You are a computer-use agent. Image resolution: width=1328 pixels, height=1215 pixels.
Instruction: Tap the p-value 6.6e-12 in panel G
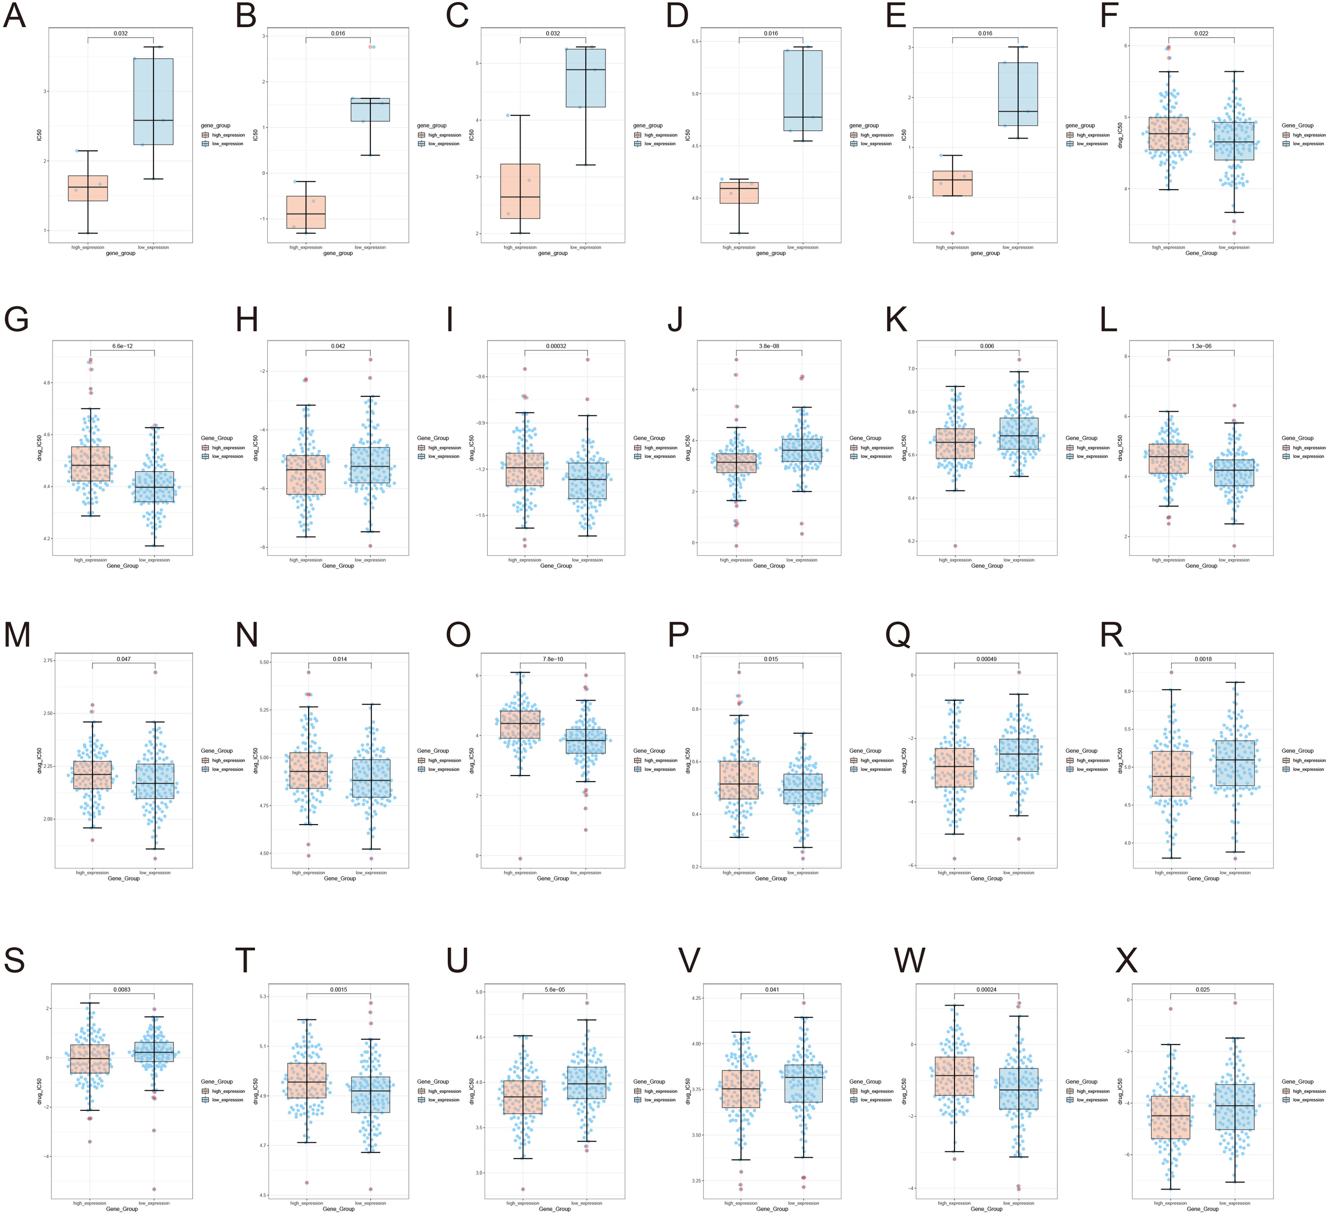pyautogui.click(x=123, y=346)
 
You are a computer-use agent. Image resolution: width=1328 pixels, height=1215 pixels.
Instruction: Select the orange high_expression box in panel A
pyautogui.click(x=88, y=188)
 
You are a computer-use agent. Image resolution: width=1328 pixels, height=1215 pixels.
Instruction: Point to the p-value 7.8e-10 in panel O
pyautogui.click(x=552, y=659)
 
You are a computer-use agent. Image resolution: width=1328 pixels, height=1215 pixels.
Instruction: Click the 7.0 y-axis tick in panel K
pyautogui.click(x=912, y=369)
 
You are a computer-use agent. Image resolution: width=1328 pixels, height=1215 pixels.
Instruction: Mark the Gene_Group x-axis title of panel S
pyautogui.click(x=122, y=1209)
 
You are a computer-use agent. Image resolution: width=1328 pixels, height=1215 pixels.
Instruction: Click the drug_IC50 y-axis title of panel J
pyautogui.click(x=688, y=447)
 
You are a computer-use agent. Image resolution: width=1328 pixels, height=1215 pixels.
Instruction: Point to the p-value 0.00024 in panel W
pyautogui.click(x=986, y=990)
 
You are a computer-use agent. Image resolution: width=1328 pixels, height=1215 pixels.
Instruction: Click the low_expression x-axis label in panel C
pyautogui.click(x=585, y=247)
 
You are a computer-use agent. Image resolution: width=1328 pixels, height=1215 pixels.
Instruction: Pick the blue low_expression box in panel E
pyautogui.click(x=1018, y=94)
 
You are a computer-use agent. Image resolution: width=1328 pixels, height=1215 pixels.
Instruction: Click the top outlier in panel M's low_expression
pyautogui.click(x=156, y=672)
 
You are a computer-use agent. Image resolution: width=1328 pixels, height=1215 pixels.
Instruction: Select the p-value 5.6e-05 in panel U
pyautogui.click(x=555, y=990)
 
